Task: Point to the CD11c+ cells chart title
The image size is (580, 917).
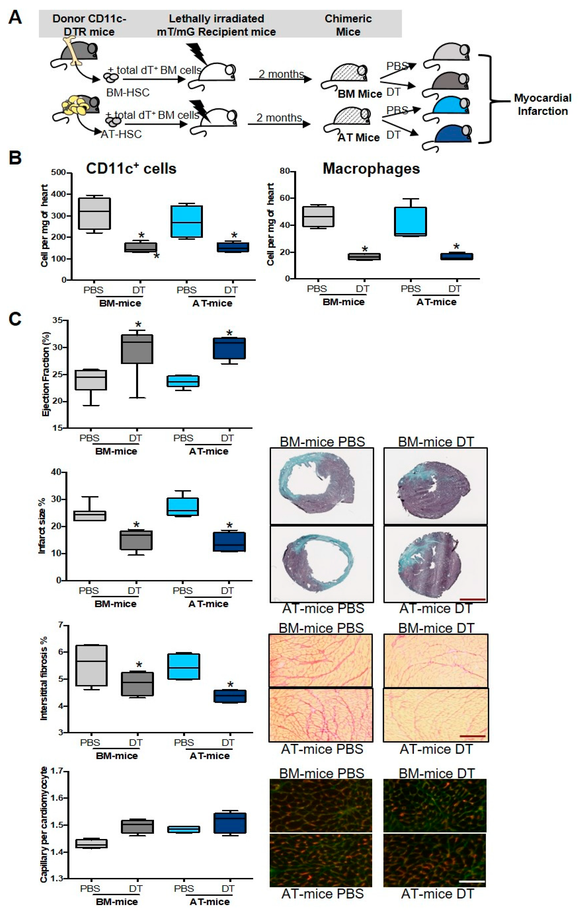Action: pos(131,169)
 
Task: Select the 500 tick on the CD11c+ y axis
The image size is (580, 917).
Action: pos(59,173)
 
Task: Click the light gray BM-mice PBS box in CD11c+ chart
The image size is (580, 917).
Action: pos(94,213)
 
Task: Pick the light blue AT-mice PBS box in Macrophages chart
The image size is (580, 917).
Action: pos(410,221)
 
